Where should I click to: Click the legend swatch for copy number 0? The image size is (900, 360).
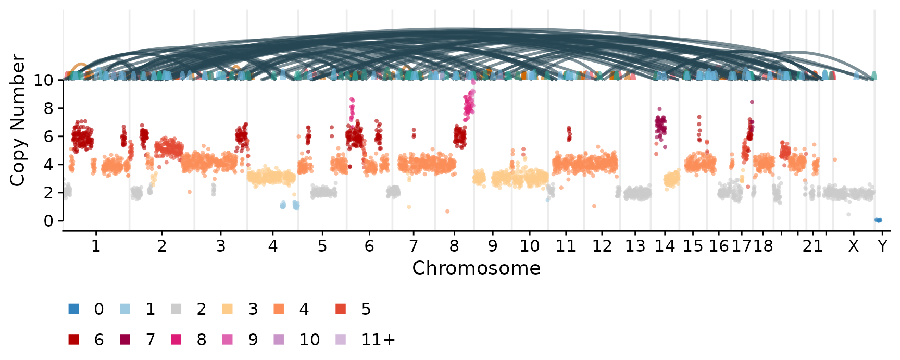tap(73, 308)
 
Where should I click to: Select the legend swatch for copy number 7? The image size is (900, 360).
tap(125, 340)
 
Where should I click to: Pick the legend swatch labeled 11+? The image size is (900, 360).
tap(341, 340)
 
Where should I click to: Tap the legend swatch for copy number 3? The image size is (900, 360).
tap(228, 308)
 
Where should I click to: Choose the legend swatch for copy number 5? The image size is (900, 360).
tap(341, 308)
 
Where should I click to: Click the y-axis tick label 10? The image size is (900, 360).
tap(43, 80)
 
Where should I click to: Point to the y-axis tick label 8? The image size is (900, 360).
tap(48, 108)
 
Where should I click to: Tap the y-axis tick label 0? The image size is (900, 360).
tap(48, 221)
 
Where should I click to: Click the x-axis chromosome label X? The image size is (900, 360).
tap(853, 245)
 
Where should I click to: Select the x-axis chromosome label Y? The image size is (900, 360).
tap(882, 245)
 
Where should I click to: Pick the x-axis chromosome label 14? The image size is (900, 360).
tap(665, 245)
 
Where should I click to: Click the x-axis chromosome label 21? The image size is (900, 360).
tap(813, 245)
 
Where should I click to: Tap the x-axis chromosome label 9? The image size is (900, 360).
tap(493, 245)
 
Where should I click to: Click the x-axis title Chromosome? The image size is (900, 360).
tap(476, 268)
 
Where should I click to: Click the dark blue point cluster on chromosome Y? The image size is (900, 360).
tap(878, 220)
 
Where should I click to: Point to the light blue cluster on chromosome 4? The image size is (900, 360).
tap(290, 204)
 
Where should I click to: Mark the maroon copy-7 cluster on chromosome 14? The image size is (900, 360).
tap(660, 127)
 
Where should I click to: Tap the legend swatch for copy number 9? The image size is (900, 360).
tap(228, 340)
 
